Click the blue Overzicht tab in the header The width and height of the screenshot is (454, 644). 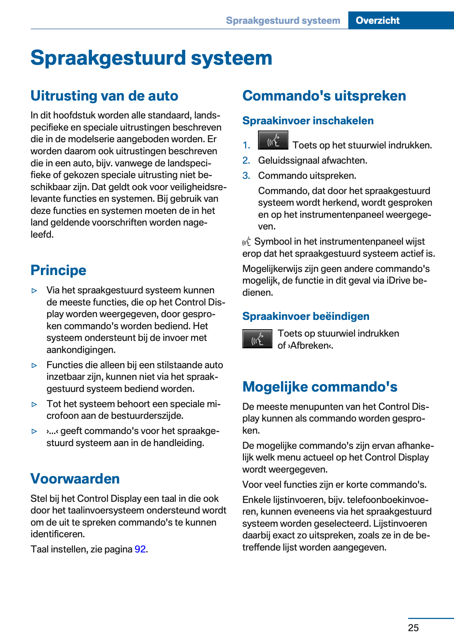coord(377,20)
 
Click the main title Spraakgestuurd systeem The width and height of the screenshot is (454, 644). coord(151,58)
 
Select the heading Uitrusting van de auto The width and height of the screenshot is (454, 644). coord(104,96)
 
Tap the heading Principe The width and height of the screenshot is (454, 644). coord(58,270)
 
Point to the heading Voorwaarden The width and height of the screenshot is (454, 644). coord(75,479)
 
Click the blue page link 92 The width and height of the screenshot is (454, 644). coord(140,549)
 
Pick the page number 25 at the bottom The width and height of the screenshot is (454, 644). coord(413,628)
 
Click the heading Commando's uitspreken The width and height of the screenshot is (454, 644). coord(324,96)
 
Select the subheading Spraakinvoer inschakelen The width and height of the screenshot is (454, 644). coord(308,121)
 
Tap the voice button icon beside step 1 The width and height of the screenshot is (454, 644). coord(273,140)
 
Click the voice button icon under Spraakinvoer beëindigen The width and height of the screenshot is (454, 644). coord(257,339)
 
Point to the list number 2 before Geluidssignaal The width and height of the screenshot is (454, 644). coord(246,161)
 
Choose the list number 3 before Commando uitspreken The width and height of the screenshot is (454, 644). coord(246,176)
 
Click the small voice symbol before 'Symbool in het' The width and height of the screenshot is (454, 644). coord(247,242)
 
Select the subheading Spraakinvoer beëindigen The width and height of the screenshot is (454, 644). coord(306,316)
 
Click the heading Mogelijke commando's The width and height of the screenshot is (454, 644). coord(320,387)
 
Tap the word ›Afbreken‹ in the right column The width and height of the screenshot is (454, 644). coord(310,346)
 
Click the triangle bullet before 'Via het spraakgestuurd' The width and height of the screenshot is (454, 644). coord(35,291)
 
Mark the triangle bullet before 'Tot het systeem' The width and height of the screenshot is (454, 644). coord(35,404)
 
